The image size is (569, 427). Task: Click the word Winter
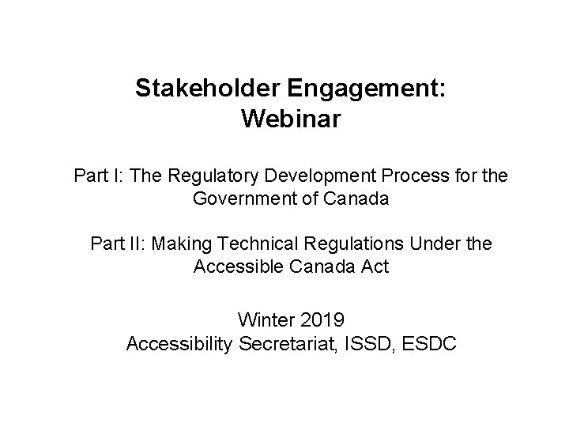[262, 320]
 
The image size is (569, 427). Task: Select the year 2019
[323, 320]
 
